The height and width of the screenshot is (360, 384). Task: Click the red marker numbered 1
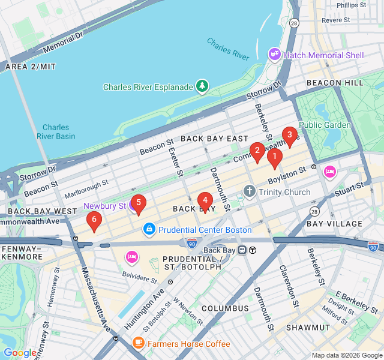[274, 158]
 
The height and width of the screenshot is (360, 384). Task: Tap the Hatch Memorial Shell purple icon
[275, 55]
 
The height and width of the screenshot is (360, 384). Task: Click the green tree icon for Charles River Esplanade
[203, 87]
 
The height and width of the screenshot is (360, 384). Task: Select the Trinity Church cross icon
[250, 192]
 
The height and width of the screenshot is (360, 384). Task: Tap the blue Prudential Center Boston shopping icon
[149, 229]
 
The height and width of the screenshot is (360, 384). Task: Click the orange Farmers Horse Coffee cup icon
[139, 344]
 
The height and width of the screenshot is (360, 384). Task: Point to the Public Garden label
[325, 125]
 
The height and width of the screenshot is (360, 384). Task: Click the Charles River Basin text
[56, 131]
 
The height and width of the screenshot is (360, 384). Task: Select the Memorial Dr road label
[63, 41]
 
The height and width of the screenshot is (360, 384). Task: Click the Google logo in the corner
[20, 353]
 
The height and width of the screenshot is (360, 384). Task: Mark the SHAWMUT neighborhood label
[307, 327]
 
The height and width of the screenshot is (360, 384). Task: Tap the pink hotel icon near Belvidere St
[131, 257]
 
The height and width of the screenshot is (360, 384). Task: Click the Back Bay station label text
[220, 250]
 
